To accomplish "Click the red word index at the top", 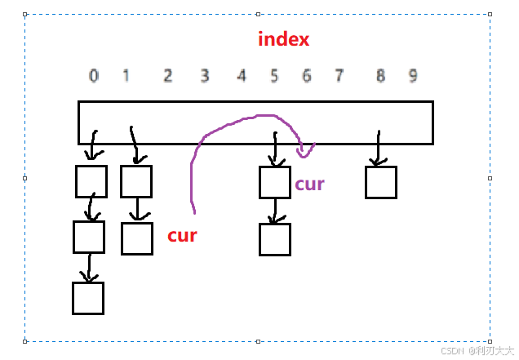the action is pos(283,38).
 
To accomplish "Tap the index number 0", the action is pos(94,76).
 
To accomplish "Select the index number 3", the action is pos(205,76).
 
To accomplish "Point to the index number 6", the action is pos(307,76).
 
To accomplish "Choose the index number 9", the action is pos(413,76).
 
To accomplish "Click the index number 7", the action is pos(339,76).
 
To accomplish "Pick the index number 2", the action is pos(168,76).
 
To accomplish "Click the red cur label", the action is pos(182,235).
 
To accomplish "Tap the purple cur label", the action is pos(309,184).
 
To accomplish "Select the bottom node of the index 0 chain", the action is pos(88,298).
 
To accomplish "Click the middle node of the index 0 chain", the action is pos(89,237).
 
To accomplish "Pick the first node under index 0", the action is pos(91,181).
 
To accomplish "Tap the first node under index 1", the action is pos(136,181).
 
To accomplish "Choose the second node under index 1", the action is pos(137,238).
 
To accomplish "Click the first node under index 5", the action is pos(275,183).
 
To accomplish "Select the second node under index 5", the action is pos(275,239).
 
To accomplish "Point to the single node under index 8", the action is pos(381,183).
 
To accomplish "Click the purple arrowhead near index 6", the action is pos(305,151).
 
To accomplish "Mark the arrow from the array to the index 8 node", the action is pos(379,148).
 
